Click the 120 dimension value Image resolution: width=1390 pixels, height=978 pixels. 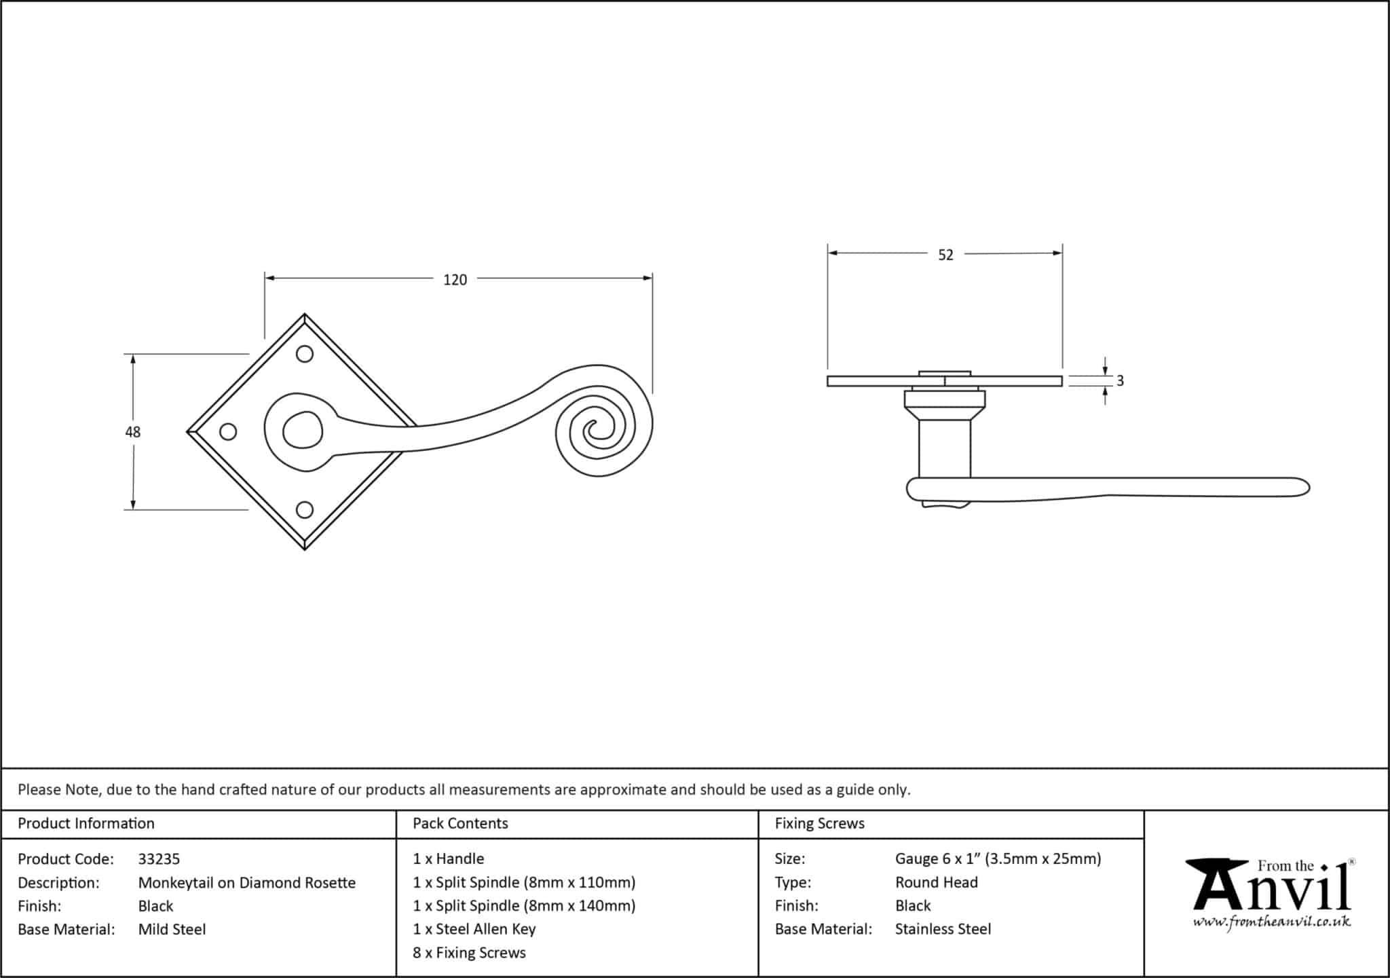tap(455, 280)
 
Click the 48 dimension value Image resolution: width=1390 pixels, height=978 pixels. tap(132, 432)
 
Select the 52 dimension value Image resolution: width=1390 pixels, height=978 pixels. tap(945, 255)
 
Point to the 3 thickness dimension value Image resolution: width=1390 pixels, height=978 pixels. tap(1120, 381)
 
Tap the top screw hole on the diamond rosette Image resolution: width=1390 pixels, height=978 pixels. tap(305, 354)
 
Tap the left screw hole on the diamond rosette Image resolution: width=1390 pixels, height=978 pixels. tap(229, 432)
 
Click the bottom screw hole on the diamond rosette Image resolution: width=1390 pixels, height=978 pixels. tap(305, 509)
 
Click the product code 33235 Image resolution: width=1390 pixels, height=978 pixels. tap(159, 859)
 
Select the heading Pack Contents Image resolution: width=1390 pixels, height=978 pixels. tap(460, 823)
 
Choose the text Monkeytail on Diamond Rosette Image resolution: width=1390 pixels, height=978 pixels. tap(247, 883)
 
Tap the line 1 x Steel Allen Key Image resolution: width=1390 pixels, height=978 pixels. tap(474, 929)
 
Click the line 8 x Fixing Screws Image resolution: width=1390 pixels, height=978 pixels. tap(469, 953)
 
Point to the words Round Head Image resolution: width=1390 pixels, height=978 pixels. tap(936, 882)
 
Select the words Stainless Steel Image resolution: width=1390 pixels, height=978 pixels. tap(943, 929)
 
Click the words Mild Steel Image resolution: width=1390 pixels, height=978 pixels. tap(172, 929)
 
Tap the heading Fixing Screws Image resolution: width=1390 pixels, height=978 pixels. tap(819, 823)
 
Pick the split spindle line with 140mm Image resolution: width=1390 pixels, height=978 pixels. tap(524, 906)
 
